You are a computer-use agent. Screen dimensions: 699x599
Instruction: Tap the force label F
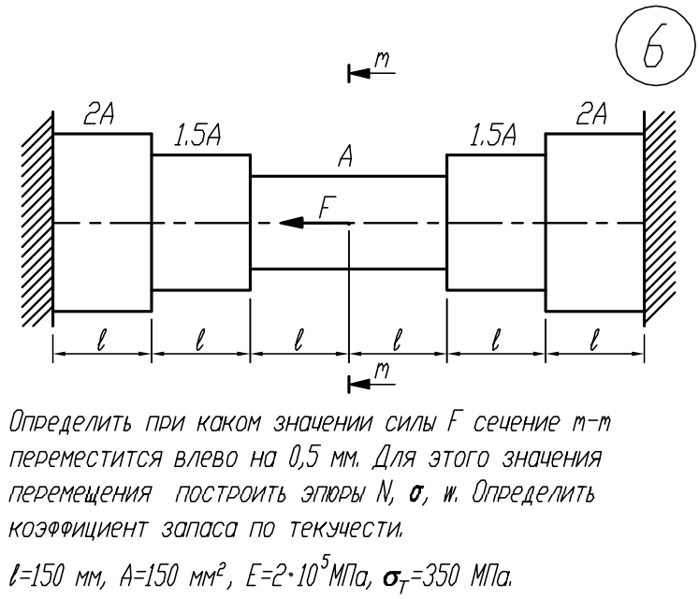pyautogui.click(x=328, y=207)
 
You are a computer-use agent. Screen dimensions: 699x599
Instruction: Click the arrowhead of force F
pyautogui.click(x=291, y=222)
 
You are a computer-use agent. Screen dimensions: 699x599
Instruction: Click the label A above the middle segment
pyautogui.click(x=346, y=156)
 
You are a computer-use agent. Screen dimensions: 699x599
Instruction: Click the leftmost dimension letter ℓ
pyautogui.click(x=102, y=340)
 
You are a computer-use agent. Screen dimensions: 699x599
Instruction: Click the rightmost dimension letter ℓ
pyautogui.click(x=594, y=340)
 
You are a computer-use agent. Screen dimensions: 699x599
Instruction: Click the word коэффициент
pyautogui.click(x=77, y=530)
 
